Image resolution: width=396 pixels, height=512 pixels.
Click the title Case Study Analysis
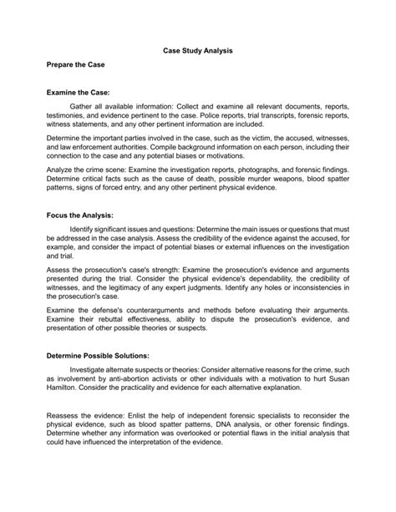point(197,51)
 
